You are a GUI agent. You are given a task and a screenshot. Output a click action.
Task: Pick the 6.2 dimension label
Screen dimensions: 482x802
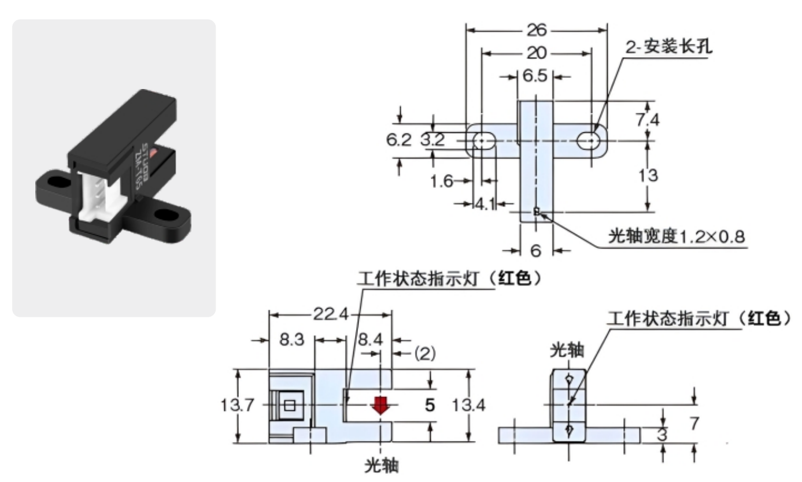[x=399, y=139]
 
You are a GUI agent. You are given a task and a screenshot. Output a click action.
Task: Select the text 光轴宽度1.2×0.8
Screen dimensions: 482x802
[x=675, y=237]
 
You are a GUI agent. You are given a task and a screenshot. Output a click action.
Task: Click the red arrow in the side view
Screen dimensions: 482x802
[x=380, y=405]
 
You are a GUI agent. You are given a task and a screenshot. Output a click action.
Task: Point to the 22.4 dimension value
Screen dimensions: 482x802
[x=330, y=315]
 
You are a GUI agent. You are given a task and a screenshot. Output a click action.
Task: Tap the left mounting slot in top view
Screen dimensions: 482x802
[x=481, y=140]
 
